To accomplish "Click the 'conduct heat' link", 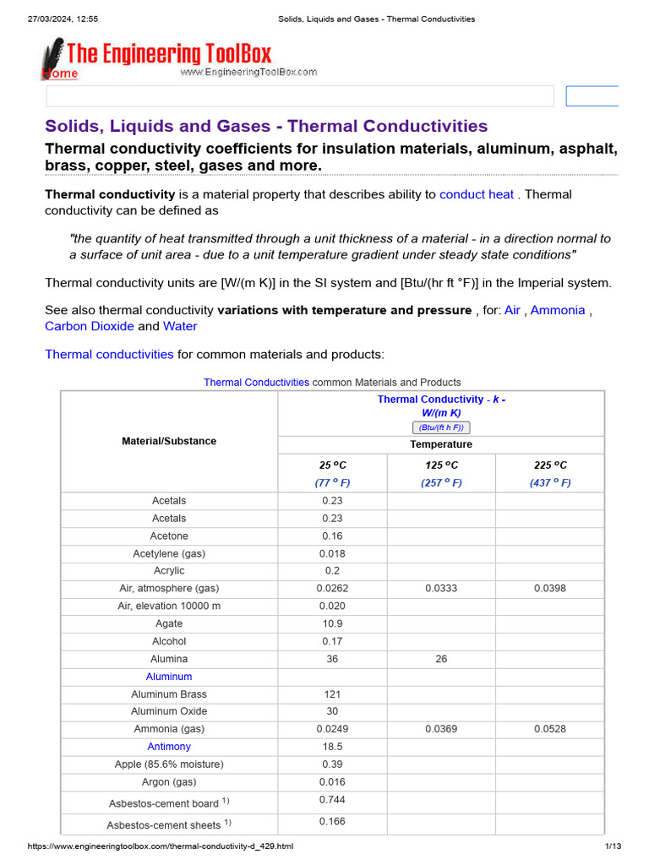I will point(476,194).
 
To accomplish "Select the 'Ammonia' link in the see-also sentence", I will point(557,310).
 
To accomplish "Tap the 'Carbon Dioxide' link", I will point(89,326).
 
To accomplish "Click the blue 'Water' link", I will point(180,326).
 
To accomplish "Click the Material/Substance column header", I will point(169,441).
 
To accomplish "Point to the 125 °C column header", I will point(441,465).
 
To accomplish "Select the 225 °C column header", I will point(550,465).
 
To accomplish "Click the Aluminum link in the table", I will point(169,677).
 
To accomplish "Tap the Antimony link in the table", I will point(169,747).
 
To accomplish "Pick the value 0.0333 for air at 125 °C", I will point(441,589).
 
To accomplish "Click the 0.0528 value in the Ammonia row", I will point(550,729).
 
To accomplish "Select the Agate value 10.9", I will point(332,623).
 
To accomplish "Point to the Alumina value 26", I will point(441,659).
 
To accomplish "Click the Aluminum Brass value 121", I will point(332,694).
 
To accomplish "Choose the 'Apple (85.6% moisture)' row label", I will point(169,764).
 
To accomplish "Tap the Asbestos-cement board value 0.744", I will point(332,800).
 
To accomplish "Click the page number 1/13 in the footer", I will point(613,846).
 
